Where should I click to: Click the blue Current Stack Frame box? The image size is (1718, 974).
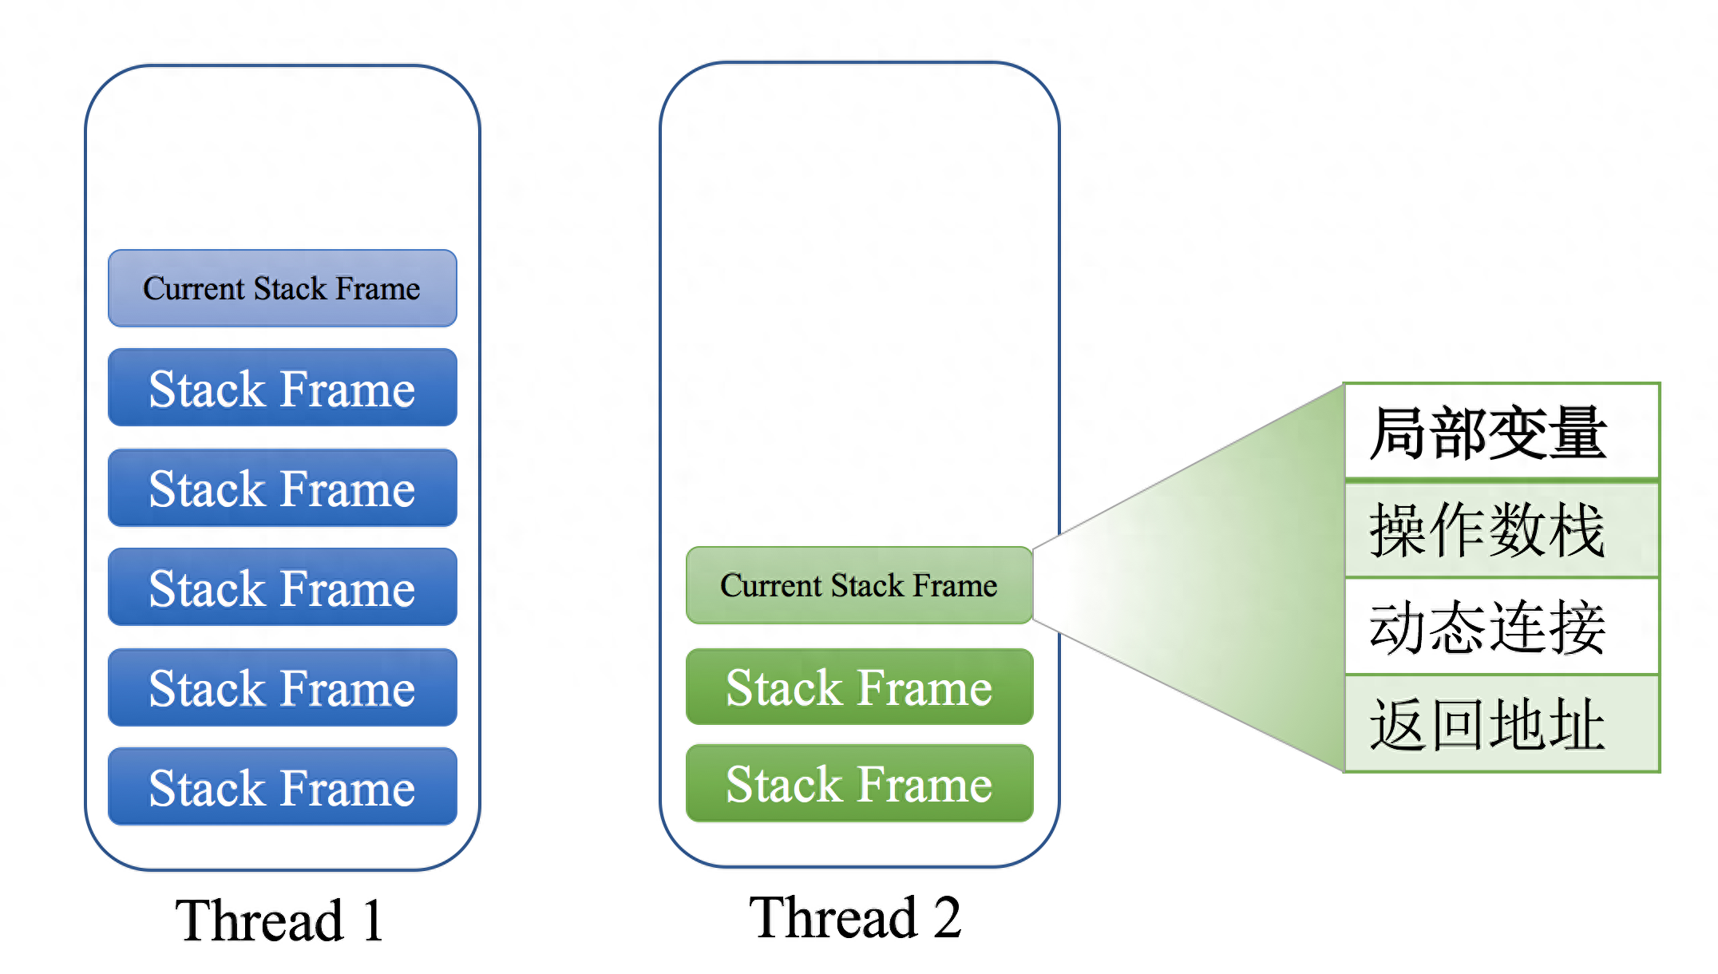tap(283, 288)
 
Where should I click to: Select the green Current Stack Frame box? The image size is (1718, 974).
tap(859, 585)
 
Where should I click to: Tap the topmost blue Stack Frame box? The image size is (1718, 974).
tap(283, 388)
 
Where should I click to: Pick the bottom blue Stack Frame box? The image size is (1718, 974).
tap(283, 787)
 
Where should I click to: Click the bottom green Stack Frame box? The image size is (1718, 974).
tap(859, 783)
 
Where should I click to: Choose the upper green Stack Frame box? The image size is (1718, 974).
tap(859, 687)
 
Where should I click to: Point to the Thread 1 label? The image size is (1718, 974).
tap(279, 921)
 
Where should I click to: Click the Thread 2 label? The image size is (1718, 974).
tap(854, 917)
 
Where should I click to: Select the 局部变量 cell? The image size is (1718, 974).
tap(1501, 433)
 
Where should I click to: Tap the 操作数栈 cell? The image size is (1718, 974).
tap(1501, 530)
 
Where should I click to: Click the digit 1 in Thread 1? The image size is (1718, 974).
tap(372, 921)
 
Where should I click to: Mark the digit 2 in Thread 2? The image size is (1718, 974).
tap(947, 917)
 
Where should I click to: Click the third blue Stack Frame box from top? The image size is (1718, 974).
tap(283, 588)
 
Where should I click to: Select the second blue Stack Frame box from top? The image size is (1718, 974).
tap(283, 488)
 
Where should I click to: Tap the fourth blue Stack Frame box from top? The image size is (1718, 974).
tap(283, 687)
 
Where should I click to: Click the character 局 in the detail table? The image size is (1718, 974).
tap(1399, 433)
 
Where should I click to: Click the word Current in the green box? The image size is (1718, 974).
tap(771, 585)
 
